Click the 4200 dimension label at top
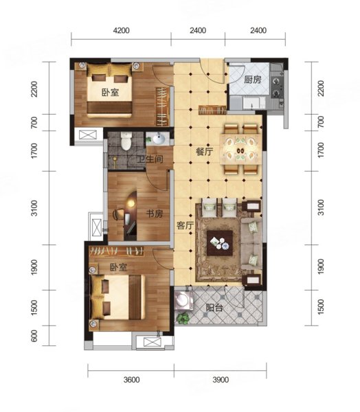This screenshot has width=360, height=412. pyautogui.click(x=121, y=30)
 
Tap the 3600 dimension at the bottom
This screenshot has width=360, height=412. pyautogui.click(x=131, y=380)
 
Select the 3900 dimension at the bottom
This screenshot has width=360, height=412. pyautogui.click(x=221, y=380)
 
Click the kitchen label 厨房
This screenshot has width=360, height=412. pyautogui.click(x=252, y=79)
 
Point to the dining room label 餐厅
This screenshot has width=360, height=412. pyautogui.click(x=204, y=152)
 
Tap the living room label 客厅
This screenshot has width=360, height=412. pyautogui.click(x=185, y=225)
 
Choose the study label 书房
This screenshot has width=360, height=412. pyautogui.click(x=155, y=214)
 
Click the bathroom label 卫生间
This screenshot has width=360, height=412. pyautogui.click(x=150, y=159)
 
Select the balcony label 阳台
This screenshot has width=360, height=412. pyautogui.click(x=214, y=308)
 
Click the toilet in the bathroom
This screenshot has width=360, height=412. pyautogui.click(x=126, y=141)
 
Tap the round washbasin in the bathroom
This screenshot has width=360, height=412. pyautogui.click(x=159, y=139)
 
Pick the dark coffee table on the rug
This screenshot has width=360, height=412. pyautogui.click(x=220, y=243)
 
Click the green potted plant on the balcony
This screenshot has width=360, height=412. pyautogui.click(x=183, y=318)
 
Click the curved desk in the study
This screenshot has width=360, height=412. pyautogui.click(x=131, y=216)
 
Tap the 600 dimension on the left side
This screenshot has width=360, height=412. pyautogui.click(x=34, y=336)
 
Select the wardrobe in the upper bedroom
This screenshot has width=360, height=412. pyautogui.click(x=162, y=106)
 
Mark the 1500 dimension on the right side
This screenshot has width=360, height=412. pyautogui.click(x=321, y=308)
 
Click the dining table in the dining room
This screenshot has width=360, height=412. pyautogui.click(x=241, y=149)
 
